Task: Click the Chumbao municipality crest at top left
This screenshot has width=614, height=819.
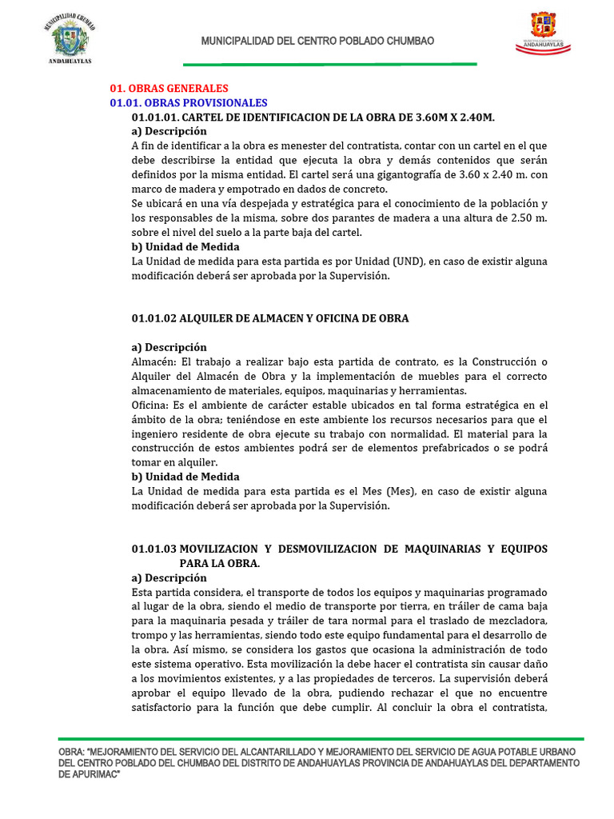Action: click(x=70, y=38)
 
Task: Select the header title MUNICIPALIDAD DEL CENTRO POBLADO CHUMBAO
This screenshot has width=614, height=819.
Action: click(x=317, y=41)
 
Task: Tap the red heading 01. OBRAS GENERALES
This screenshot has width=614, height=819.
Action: click(x=169, y=89)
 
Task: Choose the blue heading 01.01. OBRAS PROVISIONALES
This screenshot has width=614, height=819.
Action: click(x=188, y=103)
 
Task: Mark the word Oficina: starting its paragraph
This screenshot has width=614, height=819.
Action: click(x=150, y=406)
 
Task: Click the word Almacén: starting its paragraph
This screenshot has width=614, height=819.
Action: click(x=153, y=362)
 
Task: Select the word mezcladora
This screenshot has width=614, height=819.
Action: click(x=516, y=621)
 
